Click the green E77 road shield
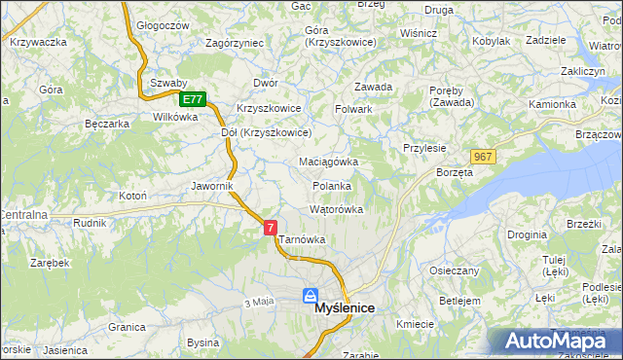coord(193,99)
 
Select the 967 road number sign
coord(484,157)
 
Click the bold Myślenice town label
coord(346,308)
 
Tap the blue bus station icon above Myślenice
coord(310,295)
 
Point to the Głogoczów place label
coord(162,26)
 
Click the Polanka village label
coord(331,185)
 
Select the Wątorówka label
coord(336,209)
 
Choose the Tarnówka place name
coord(302,239)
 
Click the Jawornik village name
coord(210,185)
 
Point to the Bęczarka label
coord(107,125)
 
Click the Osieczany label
coord(454,270)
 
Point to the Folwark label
coord(354,109)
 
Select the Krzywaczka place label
coord(38,42)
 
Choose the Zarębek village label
coord(49,263)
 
